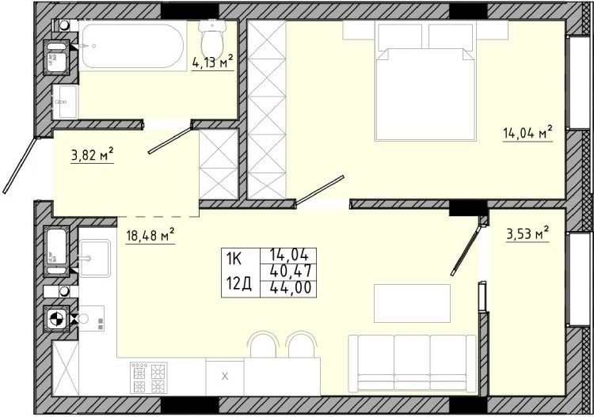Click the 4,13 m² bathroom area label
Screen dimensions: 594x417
click(x=212, y=61)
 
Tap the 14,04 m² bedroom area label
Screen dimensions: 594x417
click(x=527, y=133)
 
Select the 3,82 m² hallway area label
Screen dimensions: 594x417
click(x=92, y=155)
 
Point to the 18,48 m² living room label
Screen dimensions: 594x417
click(x=150, y=235)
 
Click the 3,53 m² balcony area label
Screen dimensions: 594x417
click(x=527, y=233)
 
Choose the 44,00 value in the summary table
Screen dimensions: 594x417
click(x=291, y=288)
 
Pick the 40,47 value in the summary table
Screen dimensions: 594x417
click(x=291, y=271)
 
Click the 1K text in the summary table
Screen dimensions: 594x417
click(x=234, y=259)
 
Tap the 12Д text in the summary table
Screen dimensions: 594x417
click(x=238, y=283)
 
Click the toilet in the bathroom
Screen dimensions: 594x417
click(x=213, y=38)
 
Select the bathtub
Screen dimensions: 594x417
click(x=132, y=46)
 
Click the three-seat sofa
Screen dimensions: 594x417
click(x=412, y=363)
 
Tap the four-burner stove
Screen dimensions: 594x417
click(x=149, y=377)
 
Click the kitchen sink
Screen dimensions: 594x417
click(x=95, y=258)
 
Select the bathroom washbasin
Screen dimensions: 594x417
click(x=65, y=101)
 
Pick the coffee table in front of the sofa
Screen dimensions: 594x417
click(x=412, y=304)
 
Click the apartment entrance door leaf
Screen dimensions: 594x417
click(x=21, y=165)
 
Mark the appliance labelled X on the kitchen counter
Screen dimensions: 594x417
click(x=225, y=377)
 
